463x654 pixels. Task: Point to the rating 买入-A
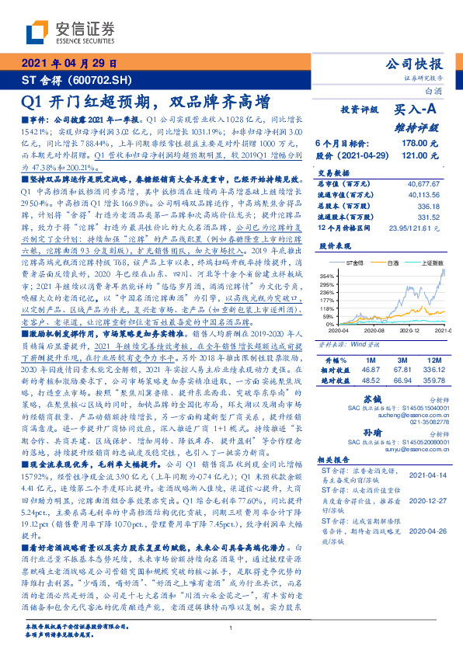[419, 111]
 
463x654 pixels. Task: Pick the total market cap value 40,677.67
[423, 184]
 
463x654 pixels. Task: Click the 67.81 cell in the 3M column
[402, 371]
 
